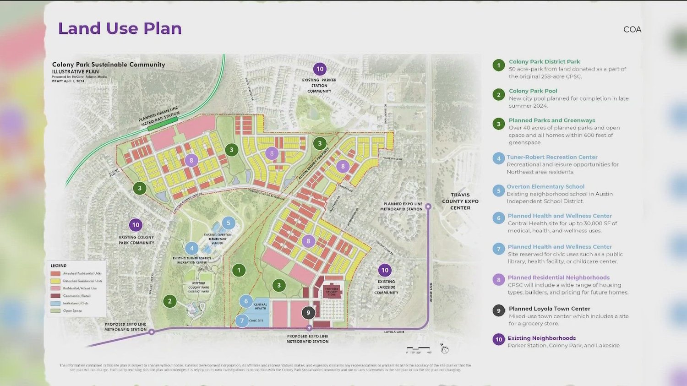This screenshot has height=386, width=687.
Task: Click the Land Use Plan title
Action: point(120,28)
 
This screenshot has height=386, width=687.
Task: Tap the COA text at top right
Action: point(632,29)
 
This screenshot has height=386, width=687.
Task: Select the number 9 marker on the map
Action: point(308,313)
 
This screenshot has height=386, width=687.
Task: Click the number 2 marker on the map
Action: point(170,301)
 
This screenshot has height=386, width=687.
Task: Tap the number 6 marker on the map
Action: point(246,301)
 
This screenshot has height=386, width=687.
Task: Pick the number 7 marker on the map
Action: point(242,321)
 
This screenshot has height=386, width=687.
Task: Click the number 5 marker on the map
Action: point(229,223)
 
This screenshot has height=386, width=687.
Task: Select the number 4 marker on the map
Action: point(192,248)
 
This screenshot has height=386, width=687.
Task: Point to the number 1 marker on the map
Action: point(239,270)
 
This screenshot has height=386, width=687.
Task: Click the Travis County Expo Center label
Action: point(460,201)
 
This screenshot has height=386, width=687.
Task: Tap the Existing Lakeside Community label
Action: point(386,287)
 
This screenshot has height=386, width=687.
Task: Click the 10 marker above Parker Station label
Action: point(320,69)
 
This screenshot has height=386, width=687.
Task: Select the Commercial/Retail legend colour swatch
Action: point(55,296)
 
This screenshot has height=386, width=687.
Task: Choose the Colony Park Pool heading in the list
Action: point(533,91)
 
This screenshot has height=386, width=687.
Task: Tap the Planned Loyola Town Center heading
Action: point(549,309)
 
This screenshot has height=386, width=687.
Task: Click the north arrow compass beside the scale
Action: point(444,349)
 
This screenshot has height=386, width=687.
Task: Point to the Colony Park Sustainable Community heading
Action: point(109,65)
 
